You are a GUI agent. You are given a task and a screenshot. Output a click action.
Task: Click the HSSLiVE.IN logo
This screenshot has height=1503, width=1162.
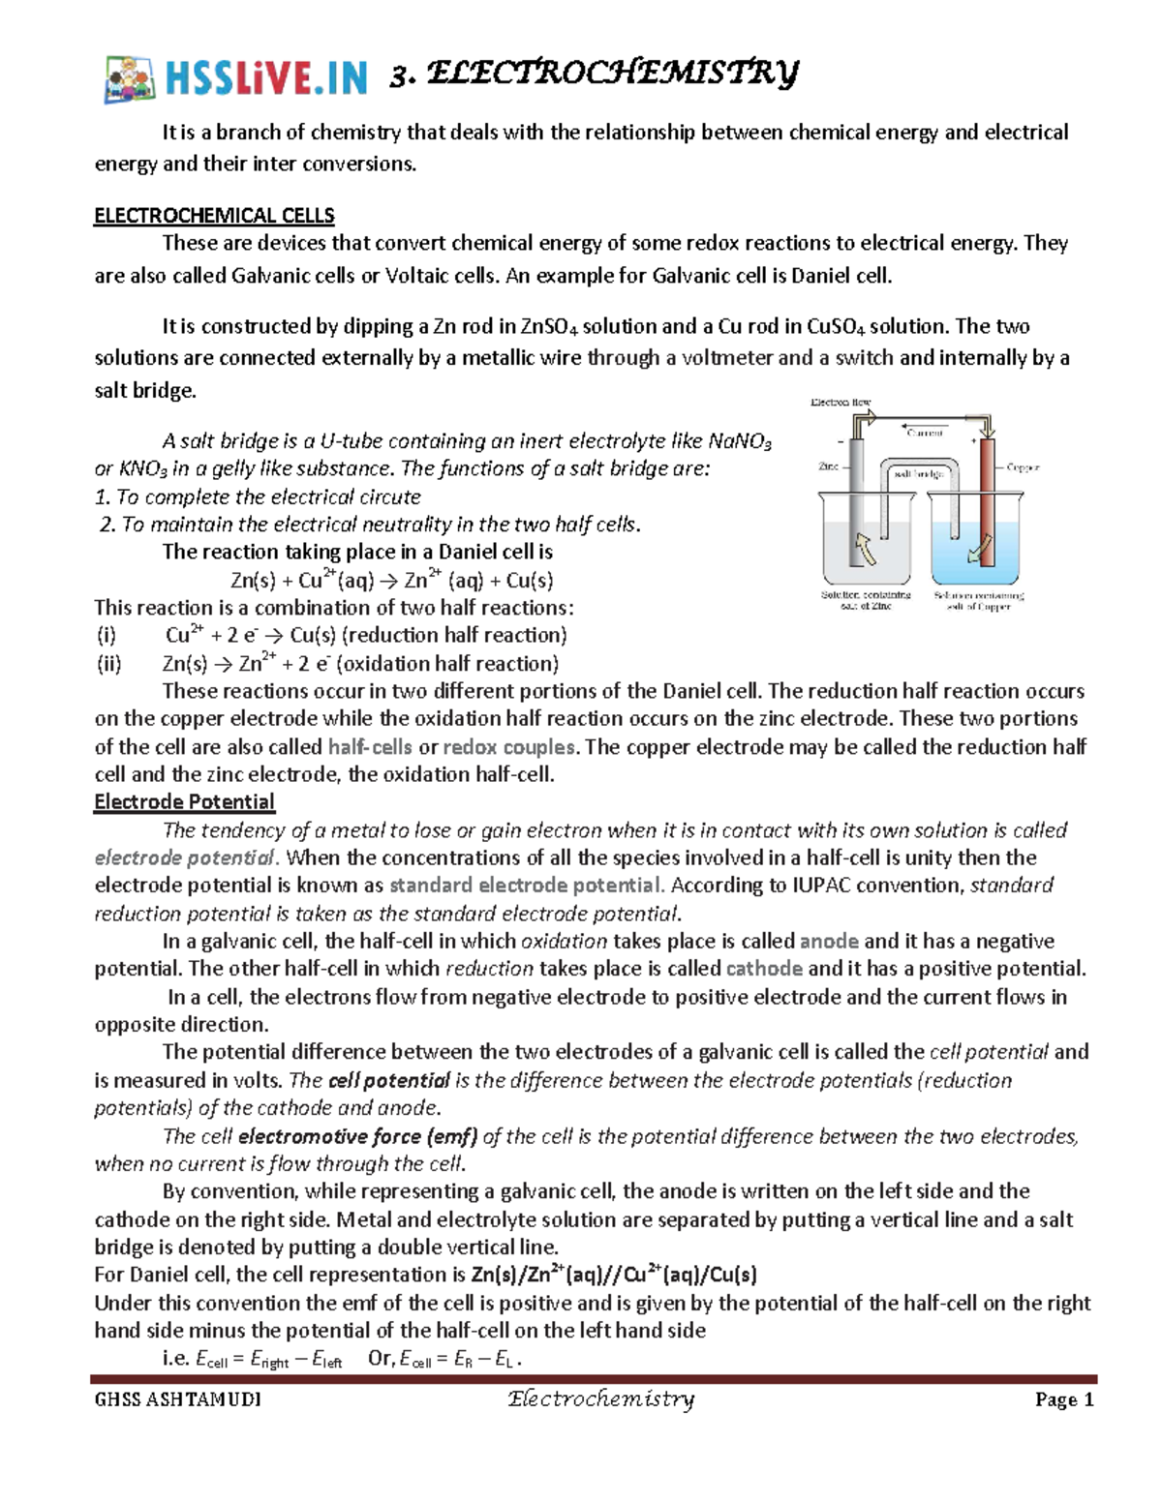pos(235,77)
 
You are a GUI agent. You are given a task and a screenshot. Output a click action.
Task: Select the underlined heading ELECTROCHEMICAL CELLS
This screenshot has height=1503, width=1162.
pos(214,215)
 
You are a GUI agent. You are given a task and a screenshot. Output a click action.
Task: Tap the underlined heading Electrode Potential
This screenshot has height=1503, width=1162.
pos(184,801)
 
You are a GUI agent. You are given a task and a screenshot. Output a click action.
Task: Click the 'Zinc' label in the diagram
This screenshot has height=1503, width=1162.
pos(828,466)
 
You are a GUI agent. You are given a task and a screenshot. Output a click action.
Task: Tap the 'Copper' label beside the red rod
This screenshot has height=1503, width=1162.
pos(1022,467)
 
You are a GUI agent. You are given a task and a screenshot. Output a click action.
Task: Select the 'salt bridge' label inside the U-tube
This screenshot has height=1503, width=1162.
pos(918,474)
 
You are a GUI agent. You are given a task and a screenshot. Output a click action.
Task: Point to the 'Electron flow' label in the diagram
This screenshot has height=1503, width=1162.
pos(840,402)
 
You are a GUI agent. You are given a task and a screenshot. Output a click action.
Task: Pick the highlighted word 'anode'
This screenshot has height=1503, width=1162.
pos(829,941)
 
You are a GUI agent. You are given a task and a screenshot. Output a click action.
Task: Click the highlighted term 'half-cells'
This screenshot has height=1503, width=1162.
pos(370,747)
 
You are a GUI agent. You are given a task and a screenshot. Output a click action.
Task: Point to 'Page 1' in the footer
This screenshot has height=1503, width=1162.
pos(1063,1399)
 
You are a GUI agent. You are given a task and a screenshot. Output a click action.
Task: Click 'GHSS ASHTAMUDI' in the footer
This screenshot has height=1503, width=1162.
pos(177,1400)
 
